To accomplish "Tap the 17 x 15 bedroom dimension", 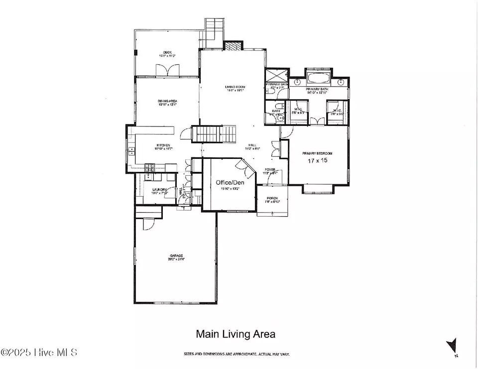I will [317, 161].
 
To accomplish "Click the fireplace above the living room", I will [233, 46].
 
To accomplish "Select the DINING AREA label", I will [167, 101].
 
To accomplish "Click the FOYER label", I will [270, 170].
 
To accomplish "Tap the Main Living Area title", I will [235, 334].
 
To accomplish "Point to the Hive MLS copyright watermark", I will [40, 353].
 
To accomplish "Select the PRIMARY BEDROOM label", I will [317, 153].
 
